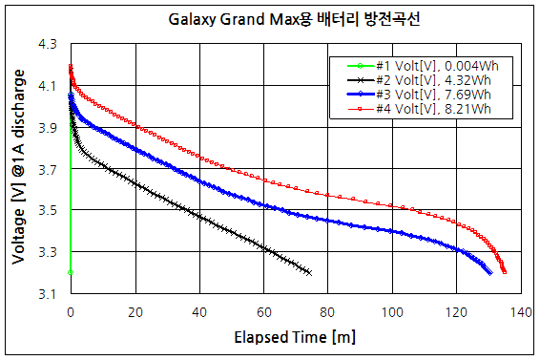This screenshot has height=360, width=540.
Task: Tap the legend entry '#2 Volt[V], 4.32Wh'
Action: pos(435,79)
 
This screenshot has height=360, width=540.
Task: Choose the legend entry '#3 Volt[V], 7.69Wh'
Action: pos(435,95)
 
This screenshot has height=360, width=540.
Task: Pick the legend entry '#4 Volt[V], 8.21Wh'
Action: pos(435,109)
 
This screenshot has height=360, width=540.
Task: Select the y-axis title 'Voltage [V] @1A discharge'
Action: pos(17,168)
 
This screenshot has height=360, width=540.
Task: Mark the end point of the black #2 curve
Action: pos(310,272)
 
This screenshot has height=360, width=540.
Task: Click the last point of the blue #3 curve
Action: pos(489,272)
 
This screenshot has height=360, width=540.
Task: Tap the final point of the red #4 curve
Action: pos(504,272)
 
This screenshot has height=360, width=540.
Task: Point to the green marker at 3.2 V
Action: pos(71,272)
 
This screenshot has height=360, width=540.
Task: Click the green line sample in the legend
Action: pos(353,65)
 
